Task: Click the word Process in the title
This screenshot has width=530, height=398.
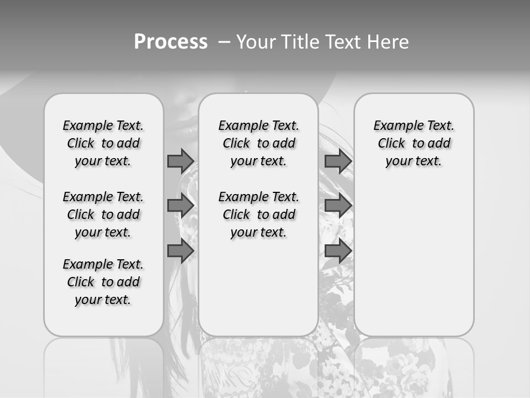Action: pyautogui.click(x=171, y=42)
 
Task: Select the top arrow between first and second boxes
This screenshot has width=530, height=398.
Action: pyautogui.click(x=181, y=161)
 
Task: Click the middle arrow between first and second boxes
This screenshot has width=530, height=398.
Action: pyautogui.click(x=181, y=206)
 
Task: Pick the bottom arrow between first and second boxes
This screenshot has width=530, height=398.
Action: pyautogui.click(x=181, y=251)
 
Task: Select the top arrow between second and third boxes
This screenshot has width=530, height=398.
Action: pyautogui.click(x=338, y=161)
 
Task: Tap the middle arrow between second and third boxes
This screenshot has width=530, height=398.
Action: pyautogui.click(x=338, y=206)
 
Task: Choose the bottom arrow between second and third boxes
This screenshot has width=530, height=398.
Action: pyautogui.click(x=338, y=251)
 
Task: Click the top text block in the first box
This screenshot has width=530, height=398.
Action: pyautogui.click(x=103, y=143)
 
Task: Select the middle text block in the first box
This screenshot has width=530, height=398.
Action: pyautogui.click(x=103, y=214)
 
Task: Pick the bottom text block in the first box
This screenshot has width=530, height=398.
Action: pyautogui.click(x=103, y=282)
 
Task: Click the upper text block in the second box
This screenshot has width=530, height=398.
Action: pyautogui.click(x=259, y=143)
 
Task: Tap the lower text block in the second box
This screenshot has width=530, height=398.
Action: pyautogui.click(x=259, y=214)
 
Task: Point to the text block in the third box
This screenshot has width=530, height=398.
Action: pyautogui.click(x=414, y=143)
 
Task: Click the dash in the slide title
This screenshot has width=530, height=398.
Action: pyautogui.click(x=224, y=42)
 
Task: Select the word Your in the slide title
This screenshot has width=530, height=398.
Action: pyautogui.click(x=256, y=42)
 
